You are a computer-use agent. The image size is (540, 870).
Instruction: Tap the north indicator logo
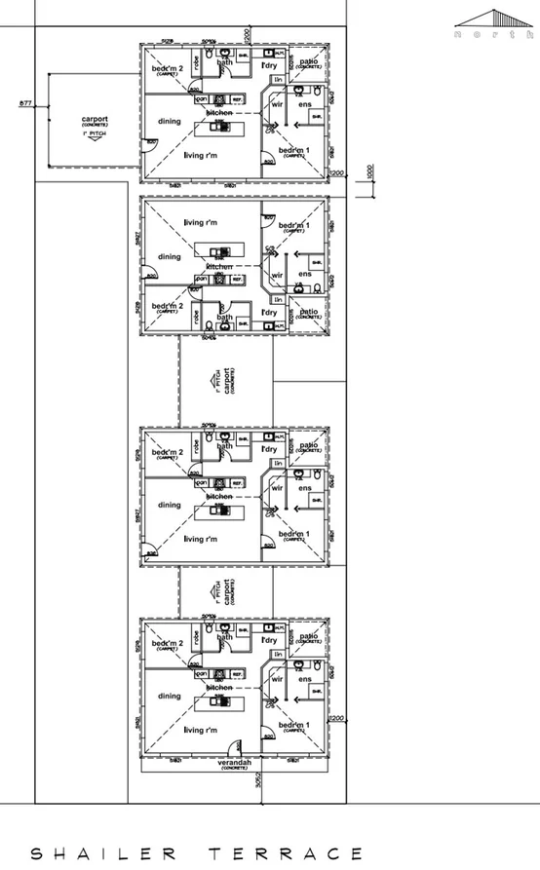point(494,23)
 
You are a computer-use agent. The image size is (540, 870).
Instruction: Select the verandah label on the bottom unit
point(233,762)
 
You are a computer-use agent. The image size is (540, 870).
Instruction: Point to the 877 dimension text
point(25,101)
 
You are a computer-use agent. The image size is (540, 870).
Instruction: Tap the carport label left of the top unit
point(95,122)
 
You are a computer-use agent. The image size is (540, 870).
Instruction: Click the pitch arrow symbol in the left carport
point(95,138)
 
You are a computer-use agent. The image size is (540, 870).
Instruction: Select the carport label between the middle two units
point(227,380)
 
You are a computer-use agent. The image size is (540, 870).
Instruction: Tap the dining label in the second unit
point(170,257)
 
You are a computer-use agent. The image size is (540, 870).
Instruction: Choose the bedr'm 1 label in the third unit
point(294,534)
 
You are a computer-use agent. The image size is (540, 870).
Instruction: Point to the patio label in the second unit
point(309,312)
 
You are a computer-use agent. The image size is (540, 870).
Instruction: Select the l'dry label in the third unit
point(270,449)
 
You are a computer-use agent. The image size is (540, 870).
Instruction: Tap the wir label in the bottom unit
point(277,678)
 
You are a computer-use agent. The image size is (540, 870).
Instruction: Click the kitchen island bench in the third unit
point(218,509)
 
